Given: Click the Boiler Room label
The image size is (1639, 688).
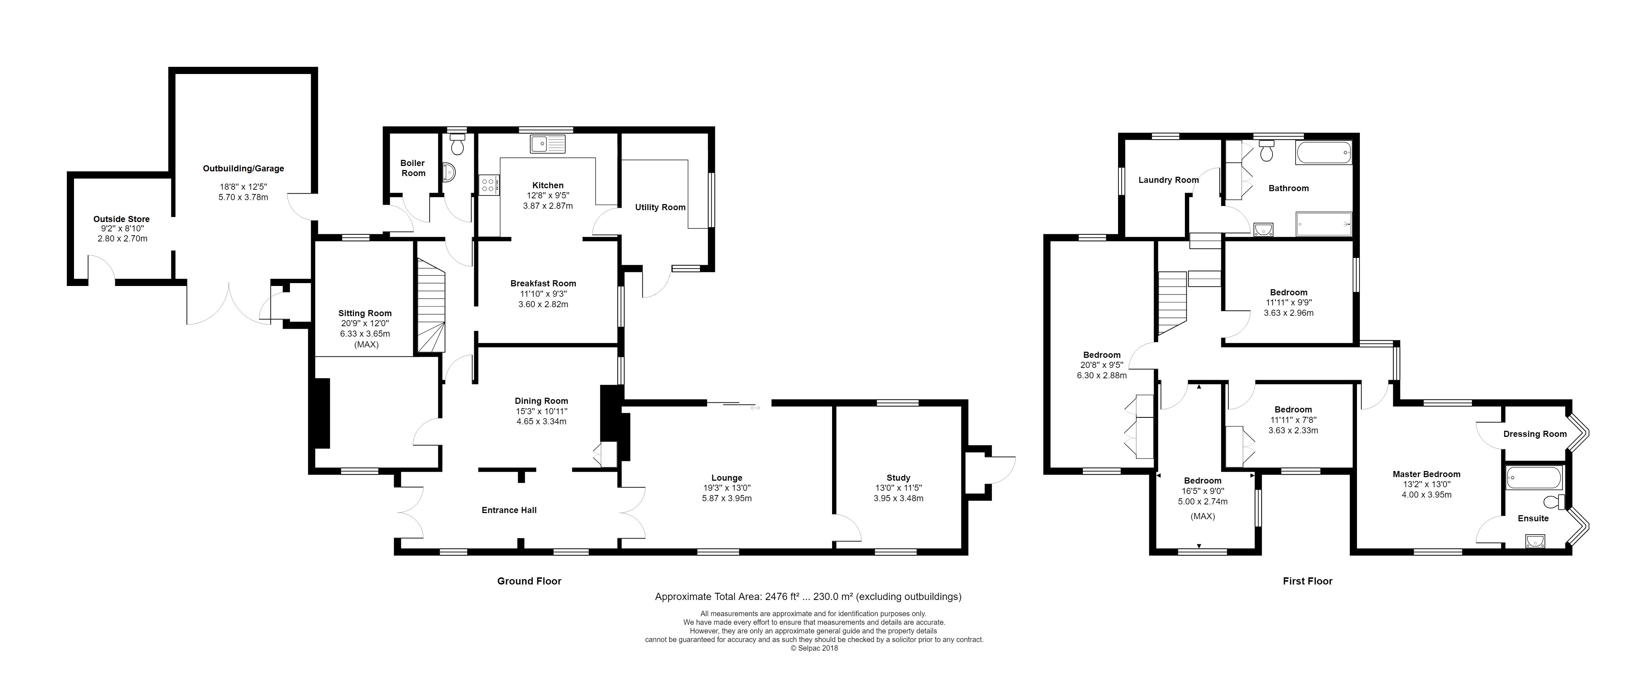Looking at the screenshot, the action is (413, 168).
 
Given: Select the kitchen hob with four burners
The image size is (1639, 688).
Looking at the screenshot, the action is (489, 185).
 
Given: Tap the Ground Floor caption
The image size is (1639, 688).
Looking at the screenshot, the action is (529, 581).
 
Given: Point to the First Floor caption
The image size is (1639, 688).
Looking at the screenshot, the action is (1307, 581).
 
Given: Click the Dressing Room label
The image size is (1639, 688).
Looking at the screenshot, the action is (1535, 434).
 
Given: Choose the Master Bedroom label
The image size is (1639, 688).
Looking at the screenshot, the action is (1426, 474).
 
